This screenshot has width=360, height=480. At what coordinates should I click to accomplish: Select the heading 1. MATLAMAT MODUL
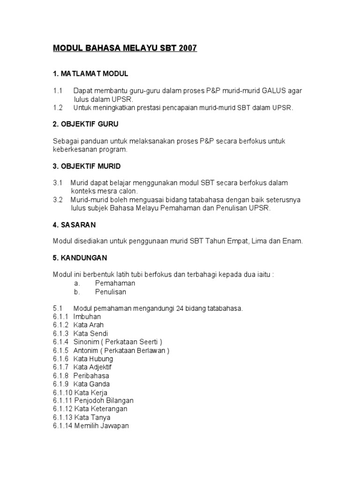click(90, 74)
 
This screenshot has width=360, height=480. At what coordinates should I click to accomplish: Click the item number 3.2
click(58, 200)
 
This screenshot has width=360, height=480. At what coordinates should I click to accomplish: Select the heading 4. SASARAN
click(74, 225)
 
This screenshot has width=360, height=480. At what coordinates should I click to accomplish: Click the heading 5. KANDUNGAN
click(80, 258)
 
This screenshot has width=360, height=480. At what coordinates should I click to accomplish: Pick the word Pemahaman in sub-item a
click(115, 283)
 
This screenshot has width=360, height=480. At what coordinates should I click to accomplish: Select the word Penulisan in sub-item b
click(111, 292)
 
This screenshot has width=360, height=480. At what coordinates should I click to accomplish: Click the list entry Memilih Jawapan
click(102, 426)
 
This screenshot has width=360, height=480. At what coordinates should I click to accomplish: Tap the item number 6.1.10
click(62, 393)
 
